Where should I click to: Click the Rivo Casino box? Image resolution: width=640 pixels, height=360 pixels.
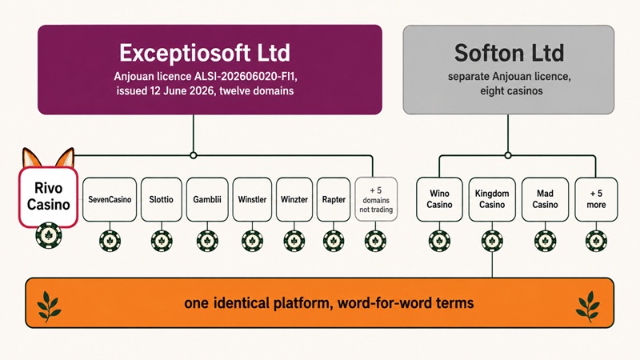[x=48, y=196]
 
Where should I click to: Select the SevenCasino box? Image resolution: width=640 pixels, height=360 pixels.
[x=110, y=199]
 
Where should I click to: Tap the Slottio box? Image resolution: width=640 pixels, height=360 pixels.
[x=162, y=199]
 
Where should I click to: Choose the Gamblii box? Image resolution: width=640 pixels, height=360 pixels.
[x=207, y=199]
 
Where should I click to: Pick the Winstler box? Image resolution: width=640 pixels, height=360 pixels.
[x=252, y=199]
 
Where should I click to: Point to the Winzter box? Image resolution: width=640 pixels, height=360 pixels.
[x=294, y=199]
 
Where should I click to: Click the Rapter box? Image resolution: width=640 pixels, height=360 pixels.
[x=334, y=199]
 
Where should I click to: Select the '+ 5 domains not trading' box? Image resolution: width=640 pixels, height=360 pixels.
[x=376, y=199]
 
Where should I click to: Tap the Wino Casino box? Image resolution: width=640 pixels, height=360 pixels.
[x=439, y=199]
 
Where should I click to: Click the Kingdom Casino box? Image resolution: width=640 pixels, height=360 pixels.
[x=492, y=199]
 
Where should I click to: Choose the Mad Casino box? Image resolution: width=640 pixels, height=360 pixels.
[x=545, y=199]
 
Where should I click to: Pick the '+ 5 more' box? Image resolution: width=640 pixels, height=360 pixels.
[x=596, y=199]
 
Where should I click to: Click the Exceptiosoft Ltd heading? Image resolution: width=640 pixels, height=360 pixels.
[x=205, y=53]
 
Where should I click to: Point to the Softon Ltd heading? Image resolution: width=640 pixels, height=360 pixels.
[x=509, y=53]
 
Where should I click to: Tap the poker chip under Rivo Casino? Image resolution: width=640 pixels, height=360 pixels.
[x=49, y=235]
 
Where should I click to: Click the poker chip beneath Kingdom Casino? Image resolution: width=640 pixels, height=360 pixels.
[x=492, y=241]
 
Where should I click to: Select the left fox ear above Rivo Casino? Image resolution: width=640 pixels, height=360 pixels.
[x=31, y=158]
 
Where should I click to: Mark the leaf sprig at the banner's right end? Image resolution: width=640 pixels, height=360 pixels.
[x=588, y=306]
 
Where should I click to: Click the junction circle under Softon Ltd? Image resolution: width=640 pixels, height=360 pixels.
[x=508, y=155]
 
